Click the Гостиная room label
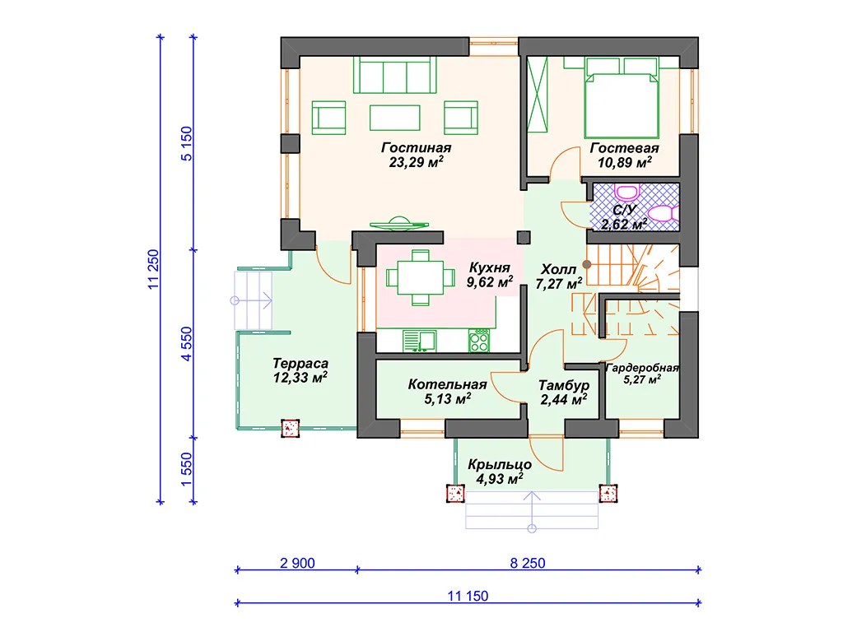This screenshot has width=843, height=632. point(416,147)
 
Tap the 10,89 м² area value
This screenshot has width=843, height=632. point(625,162)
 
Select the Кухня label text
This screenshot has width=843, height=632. point(489,267)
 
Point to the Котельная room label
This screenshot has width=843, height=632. point(447,384)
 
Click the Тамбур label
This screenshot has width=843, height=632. point(564,385)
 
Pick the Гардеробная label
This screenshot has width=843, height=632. point(642,368)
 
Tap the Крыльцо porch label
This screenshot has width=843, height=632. point(500,464)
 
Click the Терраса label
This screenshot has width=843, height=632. point(300,364)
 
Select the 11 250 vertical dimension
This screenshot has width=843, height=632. point(154,270)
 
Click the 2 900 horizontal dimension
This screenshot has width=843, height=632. point(297,563)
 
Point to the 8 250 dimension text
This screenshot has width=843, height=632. point(528,563)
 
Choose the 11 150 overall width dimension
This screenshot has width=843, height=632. point(468,596)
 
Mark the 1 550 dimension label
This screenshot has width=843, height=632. point(186,469)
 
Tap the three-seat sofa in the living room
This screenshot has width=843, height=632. point(394,75)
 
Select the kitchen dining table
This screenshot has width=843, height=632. point(421,278)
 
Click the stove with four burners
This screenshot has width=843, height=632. point(478,341)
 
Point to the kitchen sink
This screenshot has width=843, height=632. point(419,342)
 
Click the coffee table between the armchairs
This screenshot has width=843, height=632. point(394,118)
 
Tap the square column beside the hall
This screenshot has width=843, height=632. point(524,237)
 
